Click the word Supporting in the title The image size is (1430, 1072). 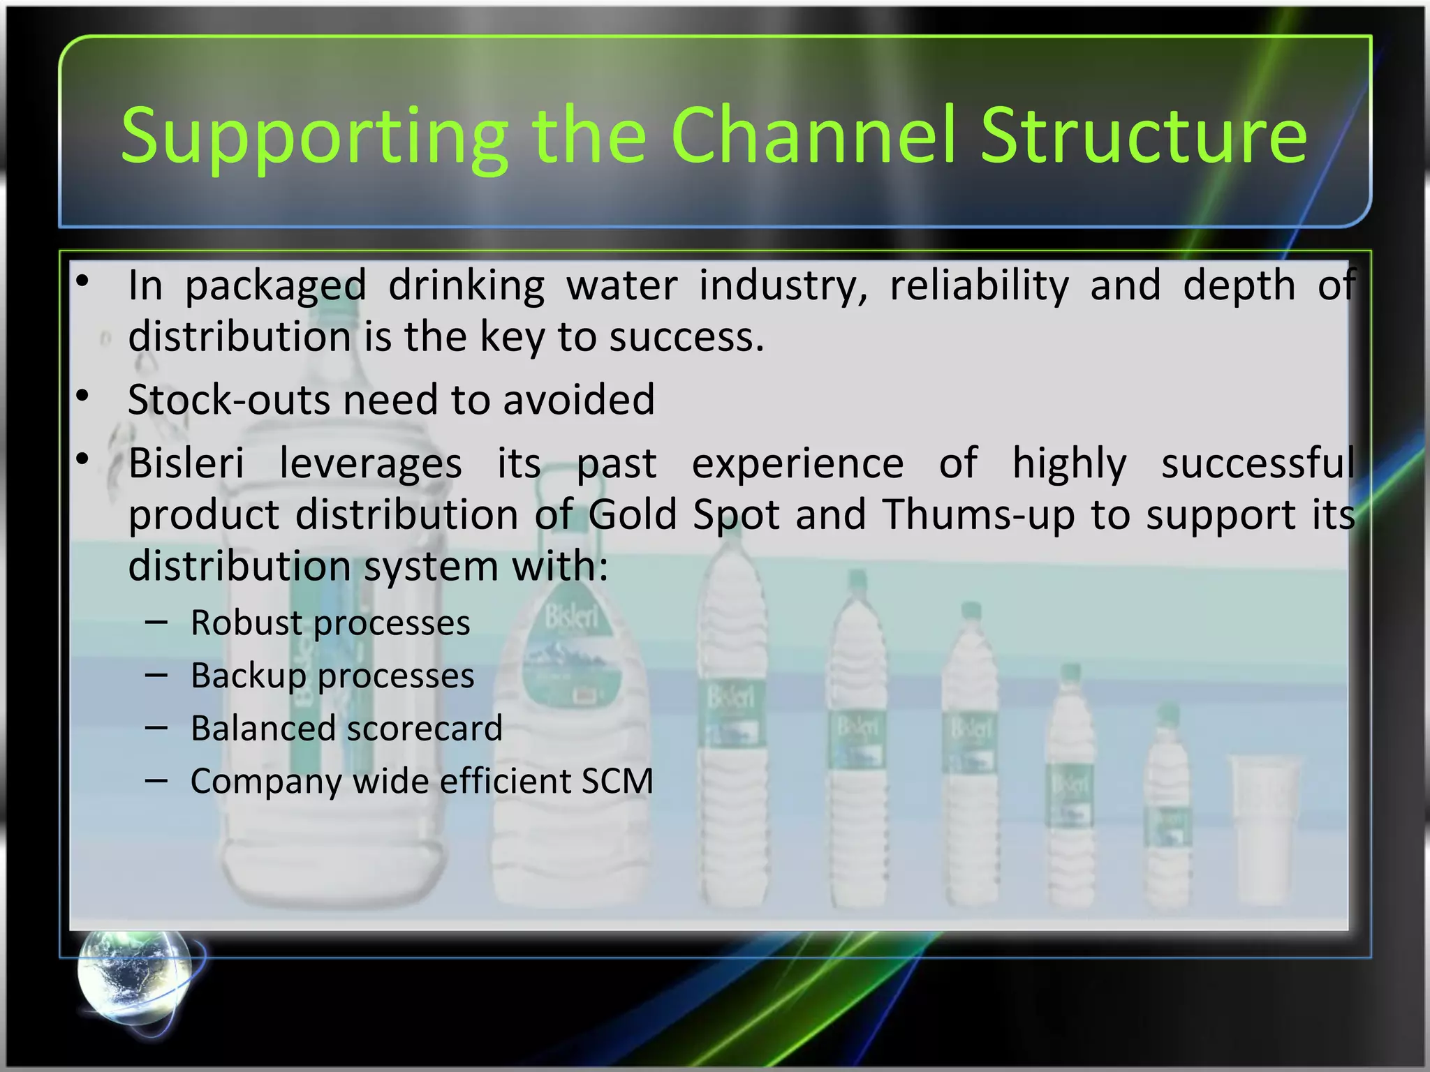(314, 136)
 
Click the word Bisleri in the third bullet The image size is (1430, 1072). (186, 463)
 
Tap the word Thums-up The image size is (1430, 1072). (978, 515)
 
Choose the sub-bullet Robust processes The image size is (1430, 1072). (330, 623)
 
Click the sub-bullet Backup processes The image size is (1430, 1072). (332, 676)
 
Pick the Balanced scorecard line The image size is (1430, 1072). (346, 729)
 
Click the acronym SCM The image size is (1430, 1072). (617, 781)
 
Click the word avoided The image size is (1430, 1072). (579, 400)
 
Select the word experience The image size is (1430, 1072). (797, 463)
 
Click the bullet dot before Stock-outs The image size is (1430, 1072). (83, 396)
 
